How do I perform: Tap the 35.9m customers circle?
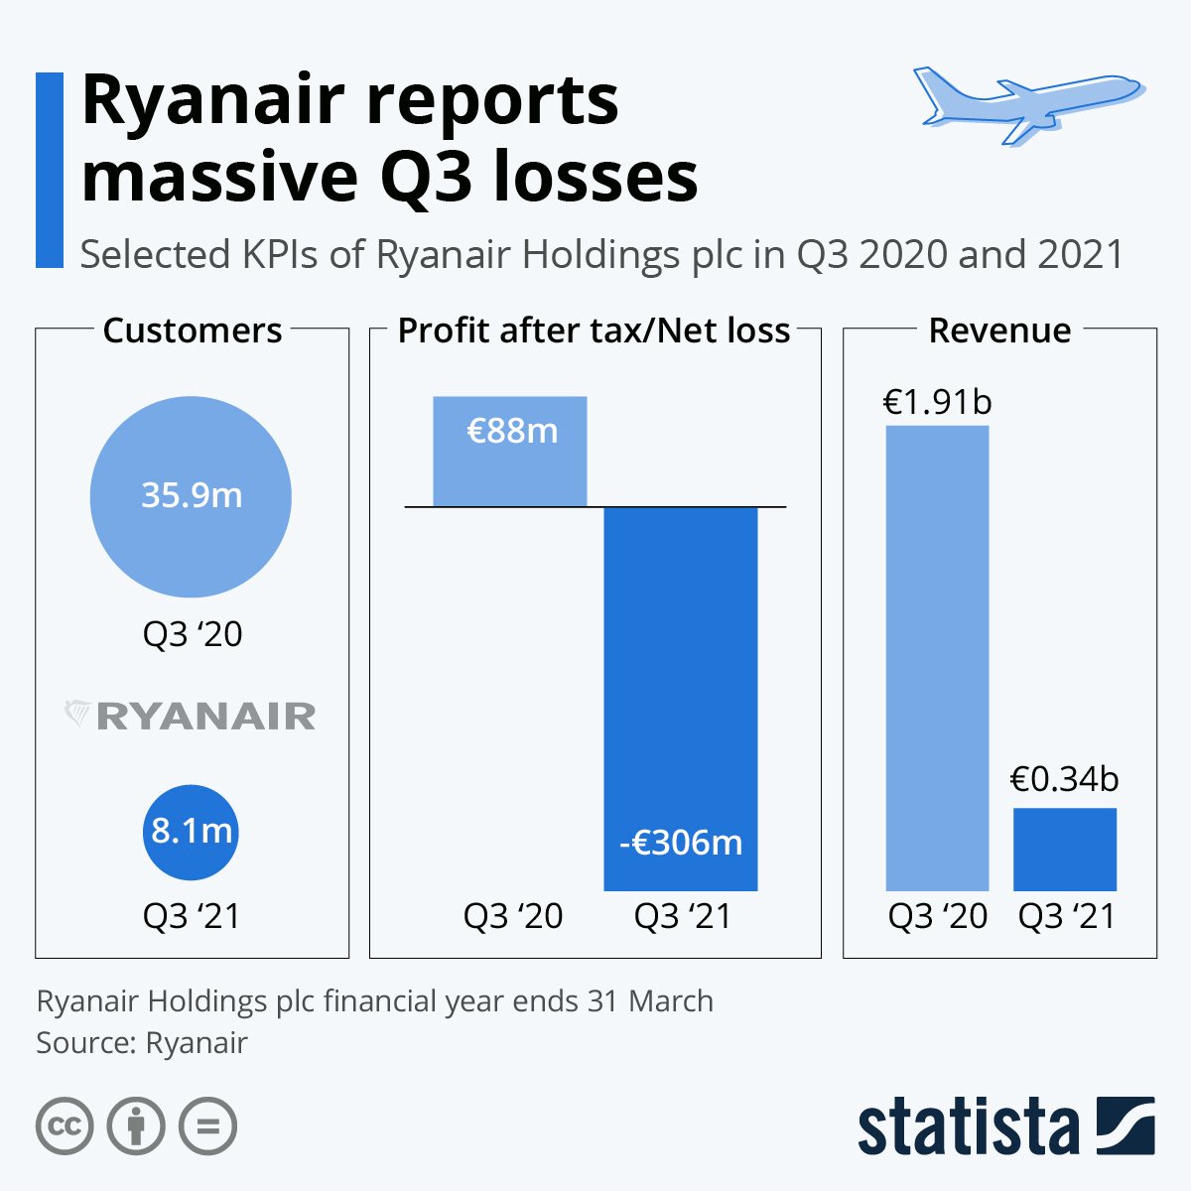191,496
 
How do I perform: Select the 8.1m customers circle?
191,832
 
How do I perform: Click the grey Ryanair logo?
191,716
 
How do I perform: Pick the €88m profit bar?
510,452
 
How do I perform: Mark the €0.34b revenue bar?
1065,850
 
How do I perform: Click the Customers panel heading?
193,331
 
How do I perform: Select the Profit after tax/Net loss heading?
594,331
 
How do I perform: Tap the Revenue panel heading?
999,331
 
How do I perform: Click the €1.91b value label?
937,402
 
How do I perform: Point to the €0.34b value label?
1064,779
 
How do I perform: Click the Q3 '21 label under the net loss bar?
683,916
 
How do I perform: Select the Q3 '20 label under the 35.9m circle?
193,634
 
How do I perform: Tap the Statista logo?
1005,1125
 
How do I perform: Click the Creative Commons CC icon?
65,1126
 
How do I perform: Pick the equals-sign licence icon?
208,1126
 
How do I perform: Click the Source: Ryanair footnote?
142,1043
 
